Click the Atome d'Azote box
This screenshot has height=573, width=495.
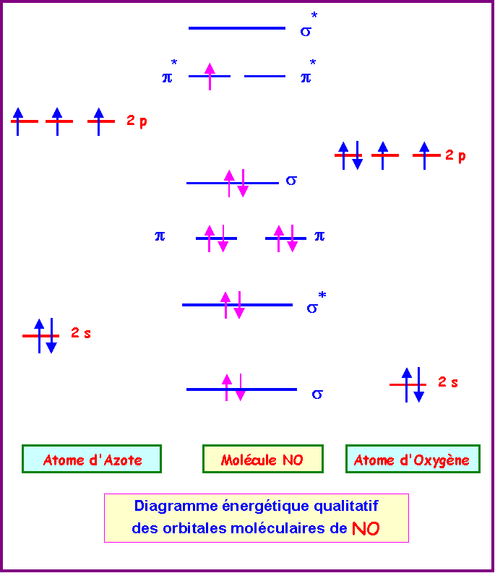click(x=92, y=460)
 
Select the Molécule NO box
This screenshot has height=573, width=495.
click(x=262, y=460)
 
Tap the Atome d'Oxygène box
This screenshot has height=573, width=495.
click(x=412, y=460)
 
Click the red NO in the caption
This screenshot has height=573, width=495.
click(x=366, y=528)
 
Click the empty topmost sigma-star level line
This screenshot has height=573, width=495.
click(x=237, y=28)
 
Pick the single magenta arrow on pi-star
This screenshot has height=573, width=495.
click(x=210, y=76)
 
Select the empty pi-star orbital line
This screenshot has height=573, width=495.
click(x=264, y=76)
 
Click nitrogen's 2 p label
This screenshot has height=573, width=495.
click(x=137, y=121)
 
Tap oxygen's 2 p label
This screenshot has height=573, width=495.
click(x=455, y=155)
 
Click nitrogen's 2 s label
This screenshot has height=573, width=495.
click(x=81, y=333)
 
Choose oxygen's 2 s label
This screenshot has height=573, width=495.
click(x=448, y=382)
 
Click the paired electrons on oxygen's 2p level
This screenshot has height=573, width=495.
click(x=350, y=155)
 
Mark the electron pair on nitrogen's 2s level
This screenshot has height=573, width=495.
click(x=45, y=336)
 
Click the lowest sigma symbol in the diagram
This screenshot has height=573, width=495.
click(x=317, y=394)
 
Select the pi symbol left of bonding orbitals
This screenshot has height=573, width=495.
click(x=160, y=236)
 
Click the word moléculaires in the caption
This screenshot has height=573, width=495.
click(x=288, y=528)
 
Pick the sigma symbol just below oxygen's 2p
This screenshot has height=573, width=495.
click(x=291, y=180)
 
